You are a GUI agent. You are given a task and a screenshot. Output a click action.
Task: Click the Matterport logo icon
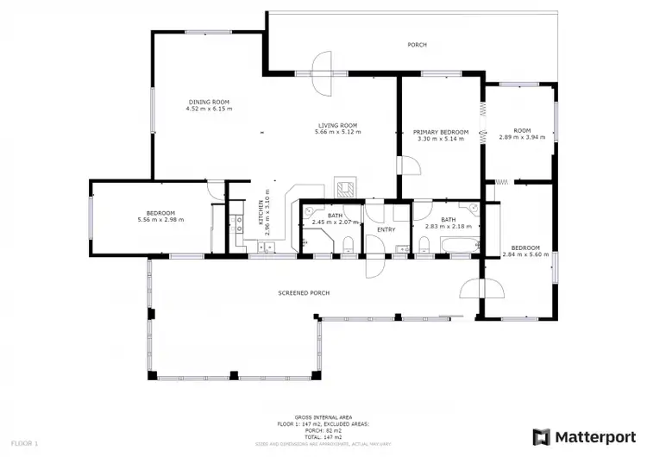tap(542, 436)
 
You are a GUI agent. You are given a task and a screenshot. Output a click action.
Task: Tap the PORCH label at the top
tap(418, 45)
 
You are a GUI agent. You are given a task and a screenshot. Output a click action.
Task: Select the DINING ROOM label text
tap(209, 103)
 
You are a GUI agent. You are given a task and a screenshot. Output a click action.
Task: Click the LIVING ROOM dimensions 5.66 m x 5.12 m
tap(337, 132)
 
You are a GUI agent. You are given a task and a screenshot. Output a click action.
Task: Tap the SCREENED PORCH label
tap(304, 293)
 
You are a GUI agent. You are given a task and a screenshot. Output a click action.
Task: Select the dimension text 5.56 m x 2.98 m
tap(160, 220)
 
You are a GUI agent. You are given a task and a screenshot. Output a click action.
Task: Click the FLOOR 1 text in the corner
tap(23, 442)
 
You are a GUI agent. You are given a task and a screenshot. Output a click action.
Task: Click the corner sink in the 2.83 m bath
tap(474, 209)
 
